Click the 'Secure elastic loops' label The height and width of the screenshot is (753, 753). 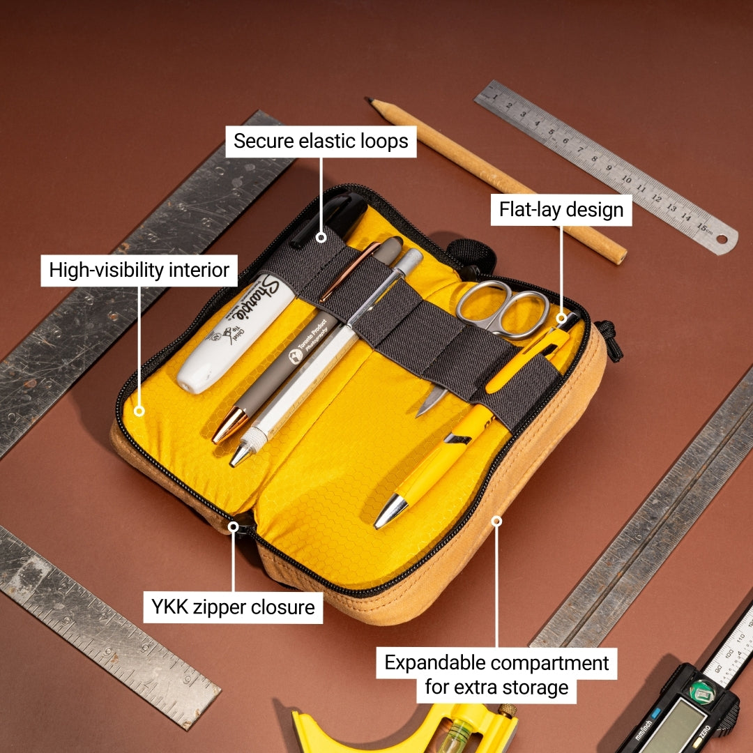point(321,142)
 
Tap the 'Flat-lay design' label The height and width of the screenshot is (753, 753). point(561,210)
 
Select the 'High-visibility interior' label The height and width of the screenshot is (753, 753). point(139,270)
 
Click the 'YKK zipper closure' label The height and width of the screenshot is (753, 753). point(234,607)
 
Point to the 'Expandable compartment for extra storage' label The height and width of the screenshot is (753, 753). point(496,675)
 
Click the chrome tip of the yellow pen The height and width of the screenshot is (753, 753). point(390,513)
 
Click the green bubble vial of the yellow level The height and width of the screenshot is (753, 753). point(460,732)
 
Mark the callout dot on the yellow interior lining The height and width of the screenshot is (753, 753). point(139,411)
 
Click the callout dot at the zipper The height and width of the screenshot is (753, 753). point(234,527)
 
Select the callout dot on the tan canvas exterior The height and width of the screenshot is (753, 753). point(496,521)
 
